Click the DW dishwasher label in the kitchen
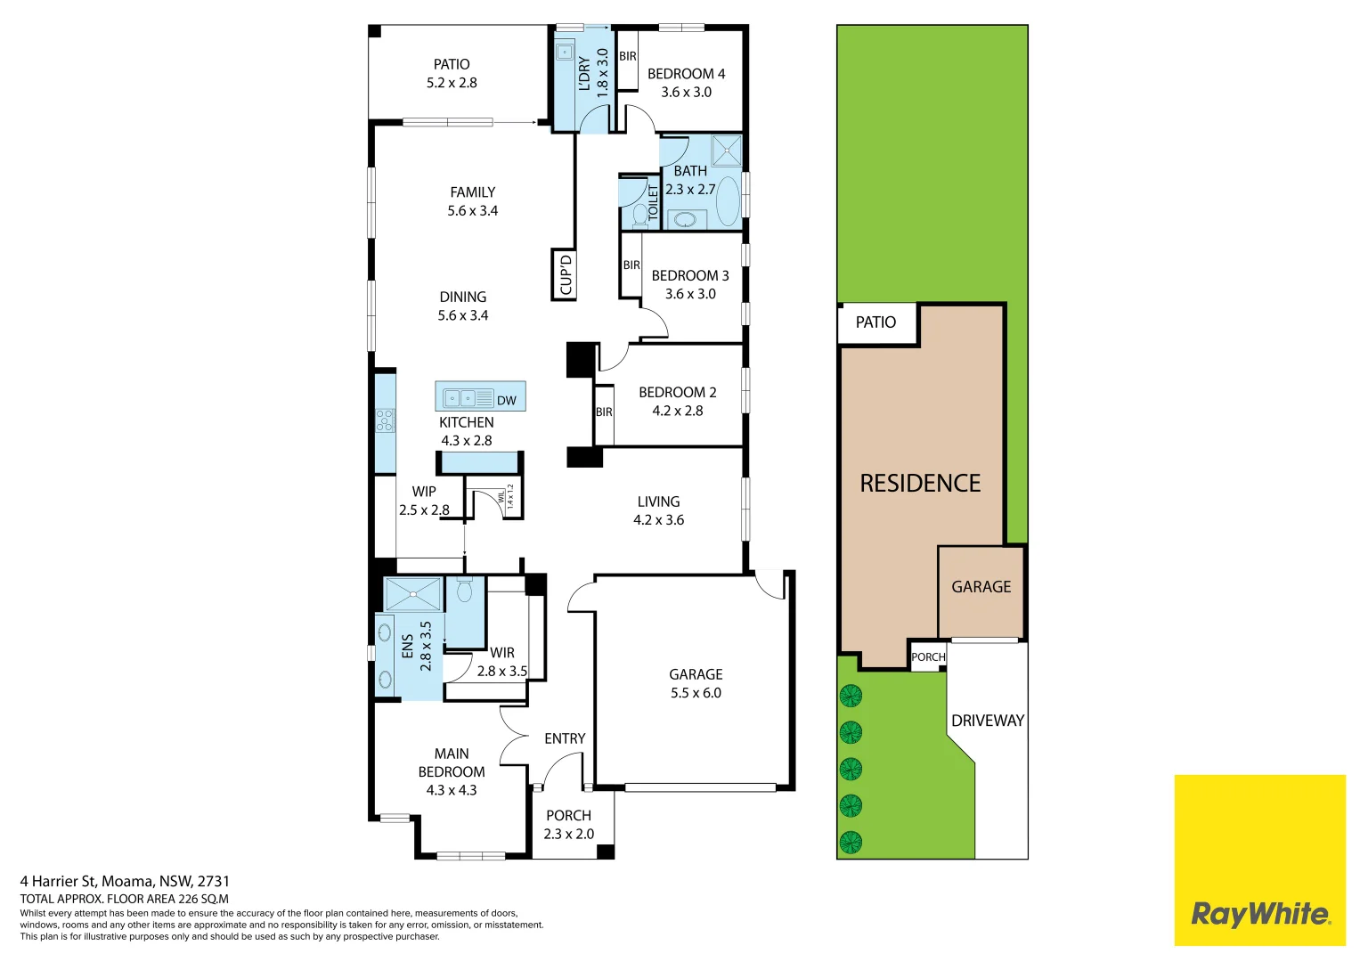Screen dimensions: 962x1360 click(x=506, y=401)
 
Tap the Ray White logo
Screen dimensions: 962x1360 click(x=1259, y=913)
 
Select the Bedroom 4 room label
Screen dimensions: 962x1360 click(x=686, y=83)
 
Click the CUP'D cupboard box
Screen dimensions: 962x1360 click(x=565, y=274)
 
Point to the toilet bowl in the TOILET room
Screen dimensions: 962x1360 click(x=639, y=215)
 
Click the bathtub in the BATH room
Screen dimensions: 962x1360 click(x=728, y=200)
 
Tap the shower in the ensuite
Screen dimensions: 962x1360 click(x=412, y=594)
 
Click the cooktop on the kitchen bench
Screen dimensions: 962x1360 click(x=385, y=420)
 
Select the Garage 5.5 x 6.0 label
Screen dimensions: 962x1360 click(x=696, y=683)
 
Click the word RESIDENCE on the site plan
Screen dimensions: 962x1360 click(x=920, y=484)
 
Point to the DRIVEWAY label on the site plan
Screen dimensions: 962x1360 click(x=987, y=721)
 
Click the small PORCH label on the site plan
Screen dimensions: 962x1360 click(x=928, y=657)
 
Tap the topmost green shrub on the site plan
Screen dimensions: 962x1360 click(x=851, y=695)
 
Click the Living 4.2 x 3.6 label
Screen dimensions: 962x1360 click(x=658, y=510)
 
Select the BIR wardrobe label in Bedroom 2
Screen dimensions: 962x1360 click(x=604, y=412)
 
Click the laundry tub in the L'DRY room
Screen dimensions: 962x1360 click(x=565, y=52)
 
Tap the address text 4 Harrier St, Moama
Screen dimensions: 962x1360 click(x=125, y=881)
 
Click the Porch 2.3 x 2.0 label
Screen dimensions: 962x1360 click(x=568, y=825)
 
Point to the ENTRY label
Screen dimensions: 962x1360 click(x=565, y=738)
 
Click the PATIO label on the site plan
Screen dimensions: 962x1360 click(x=875, y=322)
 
